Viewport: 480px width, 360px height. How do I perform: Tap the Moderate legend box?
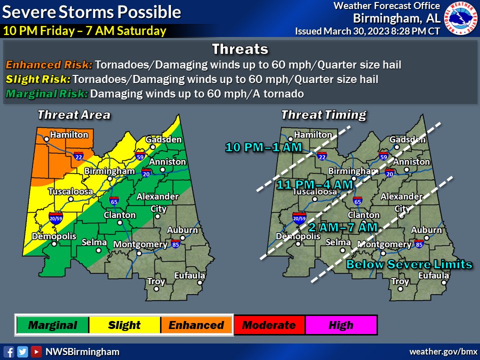(269, 325)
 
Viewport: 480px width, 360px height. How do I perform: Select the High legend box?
(341, 325)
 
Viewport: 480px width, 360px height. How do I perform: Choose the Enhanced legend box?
(196, 325)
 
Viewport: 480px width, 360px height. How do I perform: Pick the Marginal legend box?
(52, 325)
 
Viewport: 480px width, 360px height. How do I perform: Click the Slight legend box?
(124, 325)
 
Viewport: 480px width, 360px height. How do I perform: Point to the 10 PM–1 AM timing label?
(263, 147)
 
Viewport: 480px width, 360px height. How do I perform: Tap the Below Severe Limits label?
(409, 264)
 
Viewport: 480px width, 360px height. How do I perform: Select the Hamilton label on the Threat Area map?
(69, 134)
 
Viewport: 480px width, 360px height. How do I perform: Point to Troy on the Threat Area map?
(156, 281)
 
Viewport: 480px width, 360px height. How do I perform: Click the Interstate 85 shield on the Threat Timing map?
(419, 244)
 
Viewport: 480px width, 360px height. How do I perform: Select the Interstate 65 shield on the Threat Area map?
(114, 201)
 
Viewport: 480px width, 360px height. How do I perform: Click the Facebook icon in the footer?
(8, 351)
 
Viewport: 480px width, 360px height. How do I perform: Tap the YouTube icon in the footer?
(36, 351)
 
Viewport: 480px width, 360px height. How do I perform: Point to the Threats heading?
(240, 49)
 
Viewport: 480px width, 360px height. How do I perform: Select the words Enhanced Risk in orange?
(49, 65)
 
